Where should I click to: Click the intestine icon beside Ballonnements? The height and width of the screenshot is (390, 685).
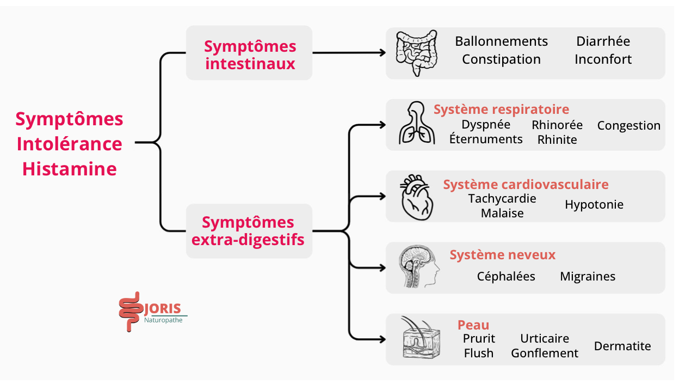click(x=416, y=52)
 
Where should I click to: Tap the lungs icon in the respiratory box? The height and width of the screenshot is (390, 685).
click(x=416, y=124)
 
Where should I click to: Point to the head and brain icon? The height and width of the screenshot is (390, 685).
click(x=418, y=267)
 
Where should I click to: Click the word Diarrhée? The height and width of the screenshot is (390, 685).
click(x=603, y=41)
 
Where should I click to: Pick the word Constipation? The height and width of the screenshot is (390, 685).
click(x=501, y=59)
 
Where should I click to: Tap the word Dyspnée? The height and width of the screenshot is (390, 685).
click(x=486, y=125)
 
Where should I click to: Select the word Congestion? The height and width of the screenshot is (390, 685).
click(x=628, y=126)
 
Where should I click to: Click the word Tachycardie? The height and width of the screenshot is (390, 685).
click(x=502, y=199)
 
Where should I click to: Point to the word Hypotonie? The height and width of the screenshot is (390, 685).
click(x=594, y=205)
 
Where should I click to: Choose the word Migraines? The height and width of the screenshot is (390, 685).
click(x=588, y=277)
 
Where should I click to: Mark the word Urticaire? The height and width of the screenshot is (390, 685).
click(x=545, y=339)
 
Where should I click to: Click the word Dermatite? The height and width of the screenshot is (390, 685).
click(x=622, y=346)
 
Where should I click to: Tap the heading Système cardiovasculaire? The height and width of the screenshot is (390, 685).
click(x=526, y=185)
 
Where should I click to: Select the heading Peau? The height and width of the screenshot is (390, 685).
click(x=473, y=325)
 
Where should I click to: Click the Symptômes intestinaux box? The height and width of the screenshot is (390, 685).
click(x=249, y=53)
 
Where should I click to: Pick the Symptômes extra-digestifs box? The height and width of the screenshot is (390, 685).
click(x=249, y=231)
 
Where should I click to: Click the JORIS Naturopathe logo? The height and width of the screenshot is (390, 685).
click(x=151, y=314)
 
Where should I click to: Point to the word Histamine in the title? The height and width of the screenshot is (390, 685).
click(x=70, y=169)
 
